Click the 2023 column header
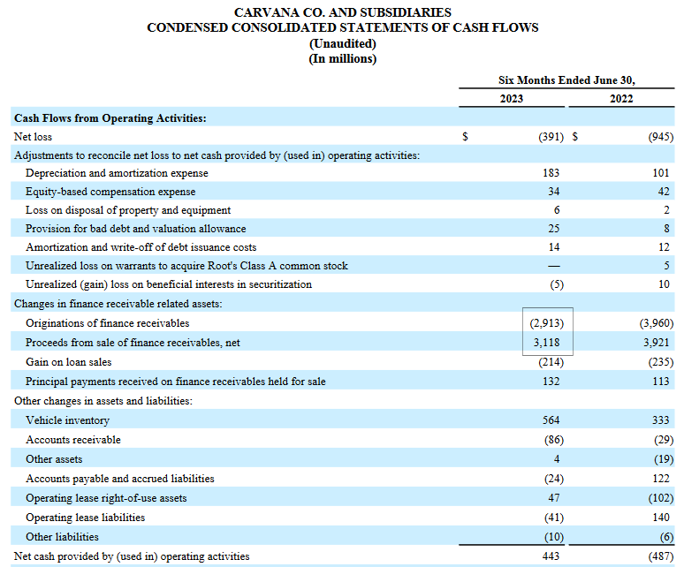click(511, 98)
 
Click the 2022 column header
click(621, 98)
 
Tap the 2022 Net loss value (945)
click(660, 137)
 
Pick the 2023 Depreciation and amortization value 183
click(551, 173)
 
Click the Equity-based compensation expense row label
click(110, 192)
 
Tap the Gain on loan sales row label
click(69, 362)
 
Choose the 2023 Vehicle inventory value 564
click(551, 420)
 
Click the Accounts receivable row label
click(73, 440)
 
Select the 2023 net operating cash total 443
click(551, 556)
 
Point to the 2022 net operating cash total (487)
click(660, 556)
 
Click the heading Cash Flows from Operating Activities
click(110, 117)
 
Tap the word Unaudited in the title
click(342, 43)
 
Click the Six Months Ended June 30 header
click(566, 80)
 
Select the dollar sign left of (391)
click(466, 137)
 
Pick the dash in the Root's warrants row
click(553, 266)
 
